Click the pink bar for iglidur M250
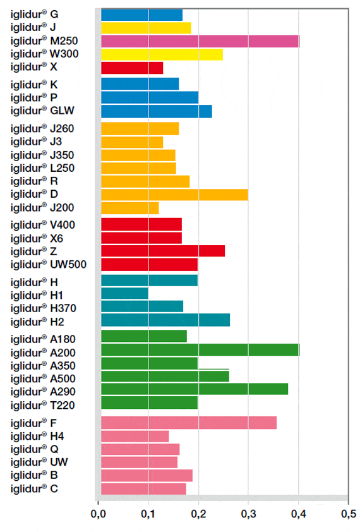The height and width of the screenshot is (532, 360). [x=200, y=41]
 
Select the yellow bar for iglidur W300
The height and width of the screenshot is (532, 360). [x=162, y=54]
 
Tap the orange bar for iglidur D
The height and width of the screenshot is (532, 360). [x=174, y=194]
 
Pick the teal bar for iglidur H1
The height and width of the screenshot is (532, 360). [x=124, y=293]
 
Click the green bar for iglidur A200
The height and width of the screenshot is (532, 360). [x=200, y=349]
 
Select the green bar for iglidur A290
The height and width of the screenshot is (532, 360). [x=195, y=389]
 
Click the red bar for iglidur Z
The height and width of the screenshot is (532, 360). [x=163, y=251]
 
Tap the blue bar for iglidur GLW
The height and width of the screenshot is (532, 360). [x=157, y=111]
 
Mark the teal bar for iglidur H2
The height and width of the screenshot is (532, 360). [x=165, y=320]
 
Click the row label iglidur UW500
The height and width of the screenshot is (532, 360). [x=49, y=264]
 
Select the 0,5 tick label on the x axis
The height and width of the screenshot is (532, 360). [x=348, y=513]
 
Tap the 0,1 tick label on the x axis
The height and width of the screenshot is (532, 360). [x=148, y=513]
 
